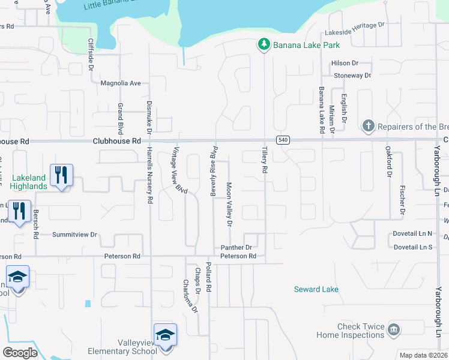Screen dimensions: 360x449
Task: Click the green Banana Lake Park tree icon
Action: point(263,44)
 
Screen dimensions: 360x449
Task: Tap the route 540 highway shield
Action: point(283,140)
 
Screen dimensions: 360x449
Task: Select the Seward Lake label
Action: point(316,289)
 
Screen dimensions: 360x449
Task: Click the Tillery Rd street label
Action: point(264,160)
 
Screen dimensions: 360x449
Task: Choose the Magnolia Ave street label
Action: point(120,83)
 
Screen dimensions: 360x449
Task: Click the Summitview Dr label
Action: point(74,234)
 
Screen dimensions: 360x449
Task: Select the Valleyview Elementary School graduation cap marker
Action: point(165,335)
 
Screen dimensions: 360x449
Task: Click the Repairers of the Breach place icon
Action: point(369,126)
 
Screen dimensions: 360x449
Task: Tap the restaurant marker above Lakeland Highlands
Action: point(61,175)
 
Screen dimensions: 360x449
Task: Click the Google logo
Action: point(20,353)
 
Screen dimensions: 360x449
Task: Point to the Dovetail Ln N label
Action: point(413,233)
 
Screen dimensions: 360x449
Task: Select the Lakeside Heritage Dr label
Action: point(354,25)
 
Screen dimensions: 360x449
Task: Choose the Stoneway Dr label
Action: point(352,76)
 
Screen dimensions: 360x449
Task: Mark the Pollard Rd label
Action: point(208,277)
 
